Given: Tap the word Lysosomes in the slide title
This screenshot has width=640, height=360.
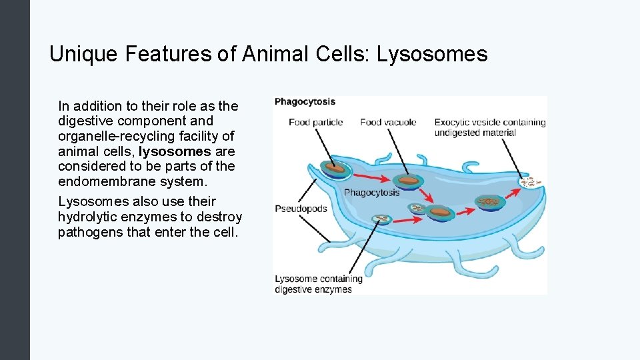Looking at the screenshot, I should (x=432, y=54).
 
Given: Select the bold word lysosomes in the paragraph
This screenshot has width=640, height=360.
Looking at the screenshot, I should (x=175, y=151).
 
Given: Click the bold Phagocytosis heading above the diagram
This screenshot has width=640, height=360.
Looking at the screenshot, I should (x=305, y=102).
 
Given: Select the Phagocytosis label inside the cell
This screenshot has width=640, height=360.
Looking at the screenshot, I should (x=371, y=193).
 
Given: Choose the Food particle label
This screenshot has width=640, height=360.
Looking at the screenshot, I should (x=315, y=122).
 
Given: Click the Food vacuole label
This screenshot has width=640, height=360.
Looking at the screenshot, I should (x=388, y=122).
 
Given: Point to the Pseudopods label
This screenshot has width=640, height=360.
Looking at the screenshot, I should (x=301, y=209).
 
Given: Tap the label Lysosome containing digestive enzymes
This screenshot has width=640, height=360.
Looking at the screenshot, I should (x=318, y=284).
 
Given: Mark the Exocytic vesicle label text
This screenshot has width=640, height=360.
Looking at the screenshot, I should (x=489, y=127).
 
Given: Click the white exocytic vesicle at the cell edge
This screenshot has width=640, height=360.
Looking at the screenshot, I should (x=531, y=181).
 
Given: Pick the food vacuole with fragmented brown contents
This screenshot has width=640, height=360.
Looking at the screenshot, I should (x=491, y=201).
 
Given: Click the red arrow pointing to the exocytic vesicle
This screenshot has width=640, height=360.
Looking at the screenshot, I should (x=513, y=191).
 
